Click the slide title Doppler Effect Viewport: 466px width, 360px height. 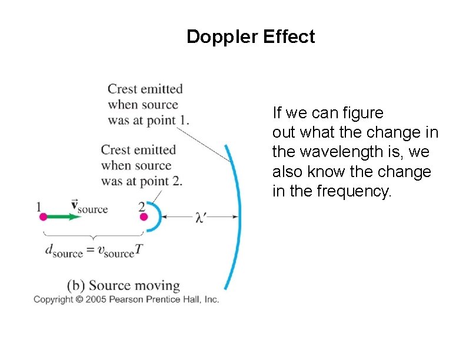pos(251,37)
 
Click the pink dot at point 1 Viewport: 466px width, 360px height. pos(43,217)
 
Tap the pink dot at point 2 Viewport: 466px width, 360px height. pos(144,217)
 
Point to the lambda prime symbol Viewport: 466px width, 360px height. pos(201,218)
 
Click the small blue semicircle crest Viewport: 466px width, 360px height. pos(155,216)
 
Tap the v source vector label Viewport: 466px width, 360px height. pos(89,206)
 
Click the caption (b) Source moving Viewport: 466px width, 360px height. pos(123,286)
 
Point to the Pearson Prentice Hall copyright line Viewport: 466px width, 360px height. pos(126,299)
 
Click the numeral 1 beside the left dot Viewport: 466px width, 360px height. pos(39,206)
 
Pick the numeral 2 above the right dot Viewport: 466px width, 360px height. pos(142,206)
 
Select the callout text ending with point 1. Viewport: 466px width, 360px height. pos(148,105)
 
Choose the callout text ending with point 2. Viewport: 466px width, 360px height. pos(141,166)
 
